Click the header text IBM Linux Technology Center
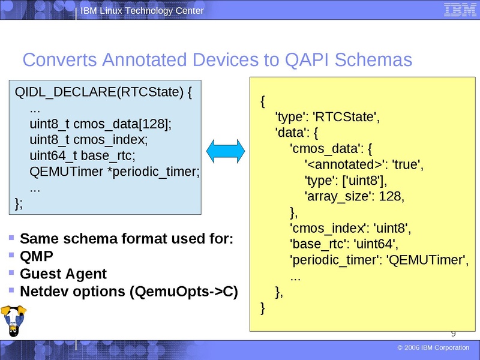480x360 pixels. pyautogui.click(x=142, y=11)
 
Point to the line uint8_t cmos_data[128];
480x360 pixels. pyautogui.click(x=100, y=124)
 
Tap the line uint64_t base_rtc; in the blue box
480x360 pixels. pyautogui.click(x=82, y=156)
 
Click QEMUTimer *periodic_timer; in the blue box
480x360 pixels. pyautogui.click(x=114, y=172)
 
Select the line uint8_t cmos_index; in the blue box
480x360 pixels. pyautogui.click(x=88, y=140)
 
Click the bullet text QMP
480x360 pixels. pyautogui.click(x=37, y=256)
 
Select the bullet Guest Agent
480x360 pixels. pyautogui.click(x=63, y=274)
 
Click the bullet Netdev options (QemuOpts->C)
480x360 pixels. pyautogui.click(x=129, y=292)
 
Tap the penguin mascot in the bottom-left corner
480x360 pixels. pyautogui.click(x=13, y=322)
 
